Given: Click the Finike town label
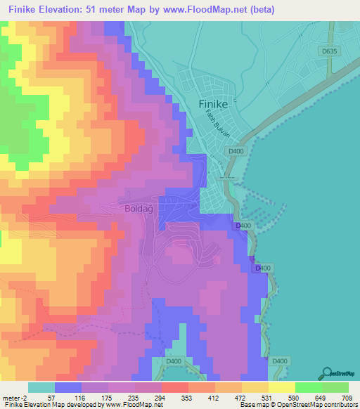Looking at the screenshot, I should coord(207,104).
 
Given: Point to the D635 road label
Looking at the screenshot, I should coord(327,51).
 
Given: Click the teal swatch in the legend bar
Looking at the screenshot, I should coord(41,387).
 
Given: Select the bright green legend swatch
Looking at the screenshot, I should coord(309,387).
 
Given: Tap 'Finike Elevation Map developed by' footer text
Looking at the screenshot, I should coord(49,405).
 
